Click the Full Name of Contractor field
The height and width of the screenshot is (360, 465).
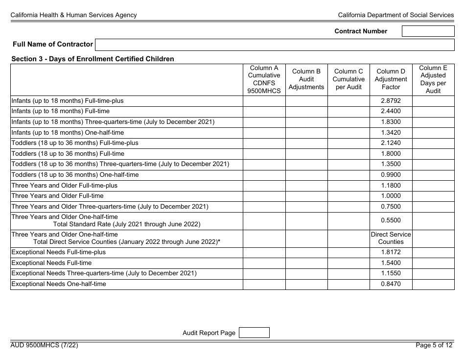pos(275,45)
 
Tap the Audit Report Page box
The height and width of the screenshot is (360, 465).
pos(254,333)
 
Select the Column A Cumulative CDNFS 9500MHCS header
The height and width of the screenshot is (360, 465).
pos(264,79)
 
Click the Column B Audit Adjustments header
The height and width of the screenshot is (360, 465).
pos(306,79)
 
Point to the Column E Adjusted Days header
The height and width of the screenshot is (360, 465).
pos(433,79)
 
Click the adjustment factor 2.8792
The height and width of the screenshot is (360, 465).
pos(391,101)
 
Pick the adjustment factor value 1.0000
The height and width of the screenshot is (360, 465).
pos(391,196)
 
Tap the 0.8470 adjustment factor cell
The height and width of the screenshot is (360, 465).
pos(391,284)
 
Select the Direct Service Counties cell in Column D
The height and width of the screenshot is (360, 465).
pos(391,238)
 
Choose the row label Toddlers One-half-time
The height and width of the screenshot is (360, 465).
pos(75,175)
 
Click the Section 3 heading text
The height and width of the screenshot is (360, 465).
pos(93,59)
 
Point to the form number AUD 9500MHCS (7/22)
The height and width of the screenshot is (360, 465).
pos(45,345)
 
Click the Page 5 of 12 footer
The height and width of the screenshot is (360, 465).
pos(434,345)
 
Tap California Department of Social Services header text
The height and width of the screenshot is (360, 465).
pos(395,15)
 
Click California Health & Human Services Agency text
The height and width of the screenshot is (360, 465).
pos(74,15)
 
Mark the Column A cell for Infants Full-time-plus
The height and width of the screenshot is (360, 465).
pos(264,101)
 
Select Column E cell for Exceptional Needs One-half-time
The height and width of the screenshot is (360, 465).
pos(433,284)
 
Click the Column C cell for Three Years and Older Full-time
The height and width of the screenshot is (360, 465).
pos(349,196)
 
